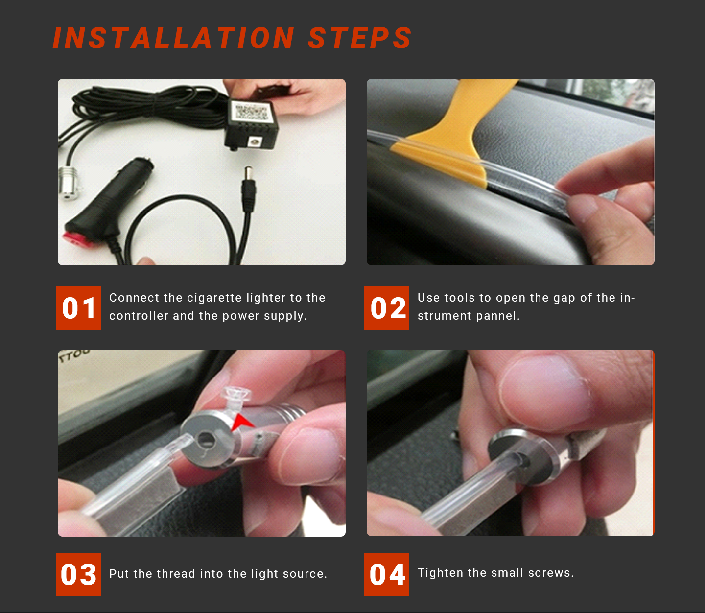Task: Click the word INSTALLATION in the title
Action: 174,38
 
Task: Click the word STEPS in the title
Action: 360,38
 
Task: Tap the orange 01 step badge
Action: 78,307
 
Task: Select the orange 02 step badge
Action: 387,307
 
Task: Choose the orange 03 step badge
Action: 78,574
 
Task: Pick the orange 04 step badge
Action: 387,574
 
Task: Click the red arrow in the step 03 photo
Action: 241,423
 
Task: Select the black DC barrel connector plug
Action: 249,189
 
